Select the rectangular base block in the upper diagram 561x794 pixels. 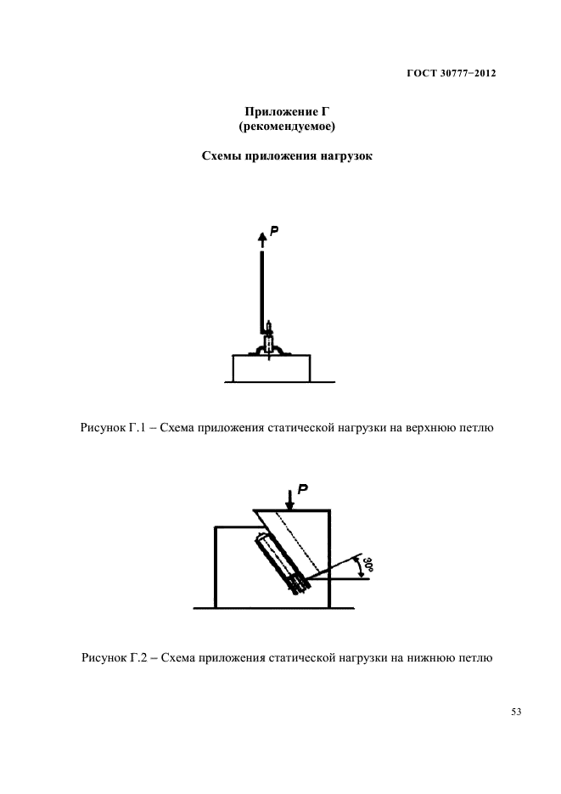[x=271, y=369]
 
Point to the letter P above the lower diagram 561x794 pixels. [x=302, y=488]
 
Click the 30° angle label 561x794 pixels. [x=367, y=563]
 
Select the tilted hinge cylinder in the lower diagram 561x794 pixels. [x=282, y=560]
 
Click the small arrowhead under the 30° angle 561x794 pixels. [x=362, y=573]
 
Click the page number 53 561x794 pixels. [x=515, y=712]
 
